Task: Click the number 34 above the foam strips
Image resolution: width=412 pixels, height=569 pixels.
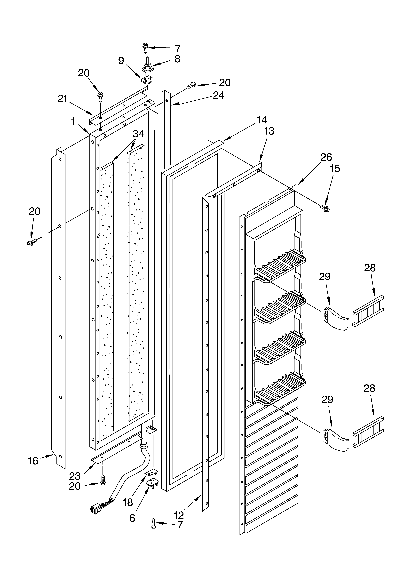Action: (138, 134)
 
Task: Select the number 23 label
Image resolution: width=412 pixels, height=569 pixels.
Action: (75, 476)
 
